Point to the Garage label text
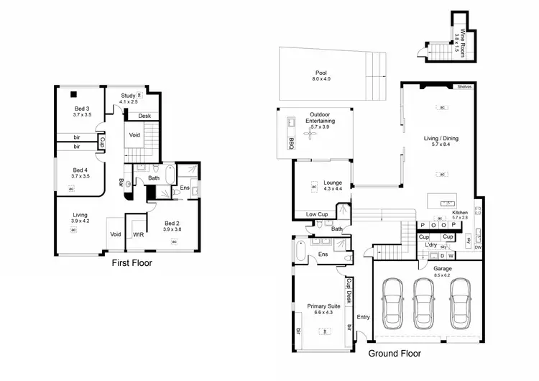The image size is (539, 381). coord(443,267)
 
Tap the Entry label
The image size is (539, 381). coord(362,317)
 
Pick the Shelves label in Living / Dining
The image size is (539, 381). coord(464,87)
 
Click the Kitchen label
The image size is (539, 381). coord(460,214)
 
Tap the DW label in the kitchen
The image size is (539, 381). coord(477,247)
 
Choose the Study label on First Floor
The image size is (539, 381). coord(128,96)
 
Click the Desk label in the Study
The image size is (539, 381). coord(144,116)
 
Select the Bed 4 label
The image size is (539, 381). coord(81,170)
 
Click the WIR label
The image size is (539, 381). coord(138,234)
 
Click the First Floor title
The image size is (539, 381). coord(132,263)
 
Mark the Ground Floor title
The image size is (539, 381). coord(395,354)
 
